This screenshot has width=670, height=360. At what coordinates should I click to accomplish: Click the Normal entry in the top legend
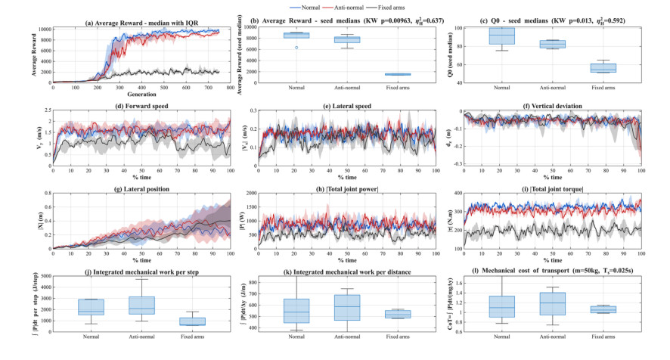[305, 6]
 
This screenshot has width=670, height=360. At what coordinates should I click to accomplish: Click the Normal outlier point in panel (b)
[296, 47]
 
